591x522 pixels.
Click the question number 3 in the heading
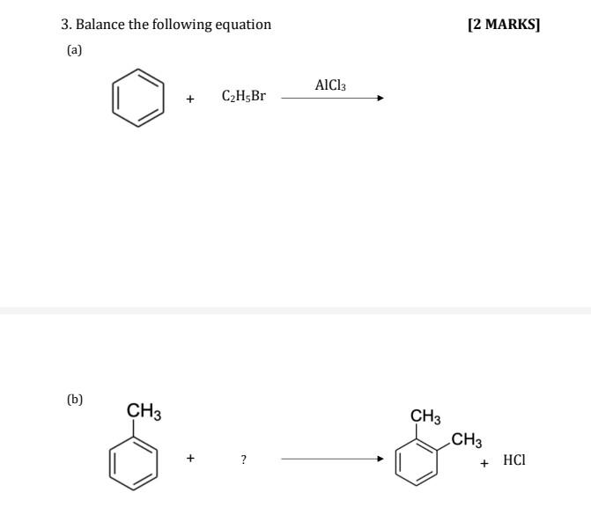click(x=65, y=25)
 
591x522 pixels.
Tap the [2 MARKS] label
click(x=504, y=25)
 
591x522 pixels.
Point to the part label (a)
click(x=74, y=50)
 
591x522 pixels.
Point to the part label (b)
click(x=75, y=399)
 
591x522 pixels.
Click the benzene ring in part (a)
click(x=138, y=98)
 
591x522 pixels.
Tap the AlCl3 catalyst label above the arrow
click(x=330, y=85)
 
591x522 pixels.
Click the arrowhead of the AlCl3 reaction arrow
click(x=380, y=99)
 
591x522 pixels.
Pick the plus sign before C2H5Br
click(x=190, y=99)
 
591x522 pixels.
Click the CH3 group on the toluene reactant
click(x=144, y=410)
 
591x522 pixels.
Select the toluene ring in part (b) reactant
click(x=134, y=461)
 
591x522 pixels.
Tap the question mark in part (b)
click(x=244, y=460)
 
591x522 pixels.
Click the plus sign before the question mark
click(x=190, y=459)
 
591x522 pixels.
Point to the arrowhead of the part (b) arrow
click(x=380, y=459)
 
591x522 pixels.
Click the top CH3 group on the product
click(x=425, y=416)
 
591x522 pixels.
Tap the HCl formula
click(x=514, y=460)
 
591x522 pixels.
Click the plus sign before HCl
click(x=484, y=461)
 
